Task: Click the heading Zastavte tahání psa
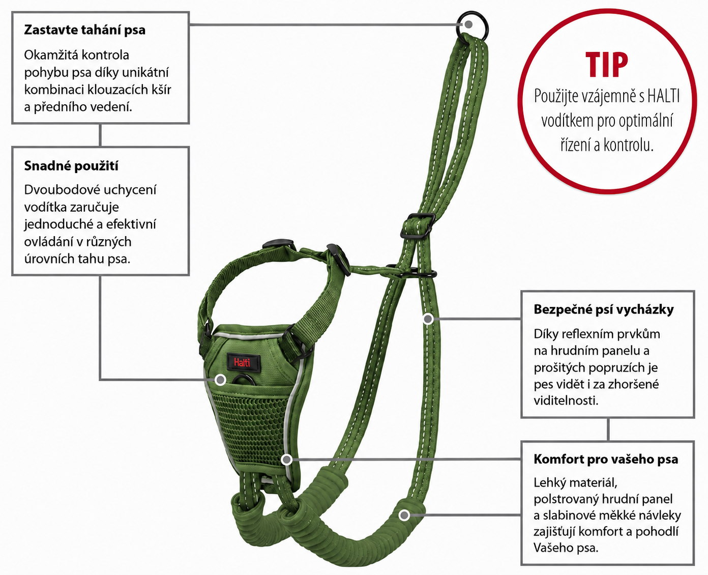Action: (x=85, y=30)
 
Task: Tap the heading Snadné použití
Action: (x=71, y=166)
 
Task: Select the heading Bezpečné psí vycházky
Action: (x=604, y=309)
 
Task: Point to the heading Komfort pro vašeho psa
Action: (x=606, y=459)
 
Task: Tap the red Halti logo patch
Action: (x=243, y=362)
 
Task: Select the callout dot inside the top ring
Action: (x=468, y=24)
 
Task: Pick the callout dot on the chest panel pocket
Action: (x=220, y=380)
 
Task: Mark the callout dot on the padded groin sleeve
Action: (x=404, y=515)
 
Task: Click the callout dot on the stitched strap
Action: (x=428, y=319)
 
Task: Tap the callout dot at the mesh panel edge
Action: (x=286, y=460)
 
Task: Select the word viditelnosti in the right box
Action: (x=566, y=401)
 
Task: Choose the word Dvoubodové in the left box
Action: (x=59, y=190)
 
